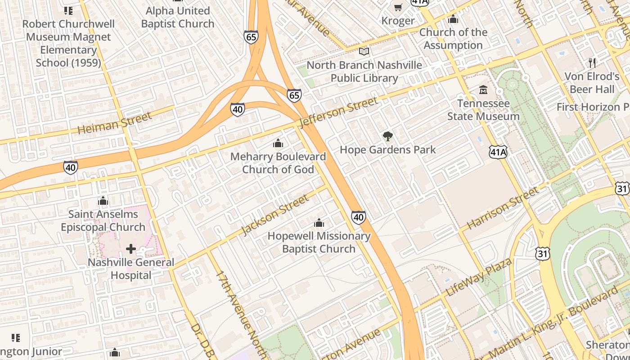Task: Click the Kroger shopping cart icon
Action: pyautogui.click(x=398, y=7)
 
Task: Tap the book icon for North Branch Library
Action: pyautogui.click(x=364, y=52)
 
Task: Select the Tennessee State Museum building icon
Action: pyautogui.click(x=483, y=90)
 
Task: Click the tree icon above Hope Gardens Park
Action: pyautogui.click(x=387, y=136)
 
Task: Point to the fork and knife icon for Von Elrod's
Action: pyautogui.click(x=592, y=63)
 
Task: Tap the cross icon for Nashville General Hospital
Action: pyautogui.click(x=131, y=248)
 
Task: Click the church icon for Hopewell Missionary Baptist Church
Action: pyautogui.click(x=319, y=223)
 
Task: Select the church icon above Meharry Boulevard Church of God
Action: pyautogui.click(x=278, y=144)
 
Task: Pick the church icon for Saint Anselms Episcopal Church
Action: pyautogui.click(x=103, y=201)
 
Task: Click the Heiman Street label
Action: pyautogui.click(x=115, y=123)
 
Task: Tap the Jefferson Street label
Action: pyautogui.click(x=338, y=112)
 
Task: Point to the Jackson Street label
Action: pyautogui.click(x=275, y=215)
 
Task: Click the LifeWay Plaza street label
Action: pyautogui.click(x=478, y=277)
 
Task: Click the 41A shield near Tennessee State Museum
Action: pyautogui.click(x=499, y=152)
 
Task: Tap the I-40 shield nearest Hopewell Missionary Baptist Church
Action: pyautogui.click(x=358, y=218)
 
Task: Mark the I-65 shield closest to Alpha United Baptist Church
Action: pyautogui.click(x=251, y=37)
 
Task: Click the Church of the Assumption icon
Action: pyautogui.click(x=453, y=19)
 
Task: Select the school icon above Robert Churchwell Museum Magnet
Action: pyautogui.click(x=68, y=10)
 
